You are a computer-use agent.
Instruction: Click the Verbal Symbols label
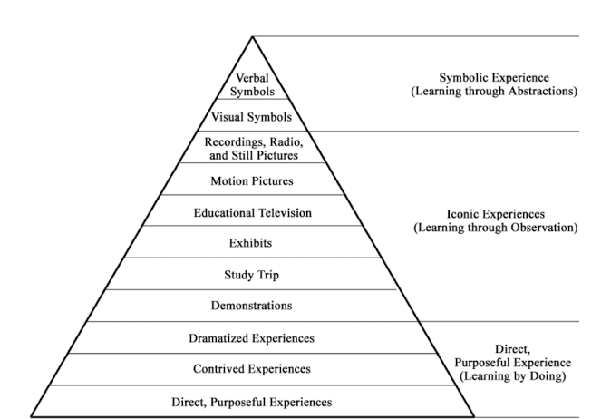(x=253, y=84)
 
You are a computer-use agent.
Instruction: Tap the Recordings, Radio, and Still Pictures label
(x=253, y=147)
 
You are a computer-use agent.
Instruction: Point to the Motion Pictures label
(x=253, y=180)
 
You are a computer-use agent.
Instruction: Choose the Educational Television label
(x=253, y=212)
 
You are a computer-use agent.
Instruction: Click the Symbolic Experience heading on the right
(x=494, y=78)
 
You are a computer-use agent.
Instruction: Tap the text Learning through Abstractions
(x=494, y=92)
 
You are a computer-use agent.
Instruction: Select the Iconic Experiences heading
(x=494, y=214)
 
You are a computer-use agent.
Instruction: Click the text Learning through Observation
(x=494, y=228)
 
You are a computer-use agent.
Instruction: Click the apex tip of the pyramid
(x=253, y=37)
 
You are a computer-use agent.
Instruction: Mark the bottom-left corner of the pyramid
(x=33, y=416)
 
